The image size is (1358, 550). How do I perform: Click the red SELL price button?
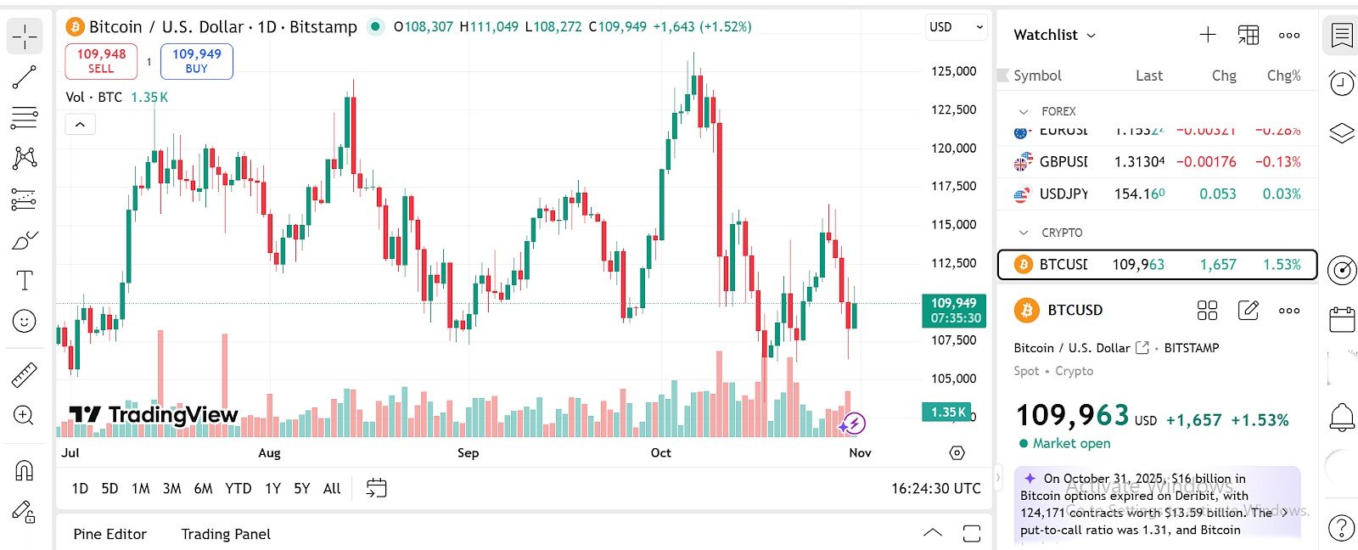pyautogui.click(x=101, y=61)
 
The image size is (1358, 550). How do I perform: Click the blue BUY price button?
pyautogui.click(x=196, y=61)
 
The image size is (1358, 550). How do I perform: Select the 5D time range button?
pyautogui.click(x=109, y=488)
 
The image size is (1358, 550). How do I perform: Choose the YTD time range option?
pyautogui.click(x=238, y=488)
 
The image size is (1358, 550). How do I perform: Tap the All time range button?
pyautogui.click(x=332, y=488)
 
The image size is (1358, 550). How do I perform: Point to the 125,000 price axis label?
pyautogui.click(x=953, y=71)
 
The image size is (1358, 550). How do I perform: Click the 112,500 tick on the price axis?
pyautogui.click(x=953, y=263)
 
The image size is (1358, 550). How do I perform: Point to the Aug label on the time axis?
pyautogui.click(x=269, y=452)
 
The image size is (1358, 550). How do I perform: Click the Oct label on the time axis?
pyautogui.click(x=660, y=452)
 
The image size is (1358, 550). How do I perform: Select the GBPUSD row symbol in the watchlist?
pyautogui.click(x=1063, y=161)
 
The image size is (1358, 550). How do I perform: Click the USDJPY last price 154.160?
pyautogui.click(x=1139, y=194)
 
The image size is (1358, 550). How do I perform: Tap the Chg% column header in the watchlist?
pyautogui.click(x=1283, y=76)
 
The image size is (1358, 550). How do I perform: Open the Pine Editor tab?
pyautogui.click(x=109, y=534)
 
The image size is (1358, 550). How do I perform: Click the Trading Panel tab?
pyautogui.click(x=226, y=534)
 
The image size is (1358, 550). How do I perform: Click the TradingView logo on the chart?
pyautogui.click(x=154, y=414)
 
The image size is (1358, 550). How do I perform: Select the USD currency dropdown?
pyautogui.click(x=956, y=27)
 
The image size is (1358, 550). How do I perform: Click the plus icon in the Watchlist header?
pyautogui.click(x=1207, y=35)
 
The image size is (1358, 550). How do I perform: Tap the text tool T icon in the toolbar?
pyautogui.click(x=25, y=281)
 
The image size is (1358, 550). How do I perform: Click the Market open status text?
pyautogui.click(x=1071, y=443)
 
